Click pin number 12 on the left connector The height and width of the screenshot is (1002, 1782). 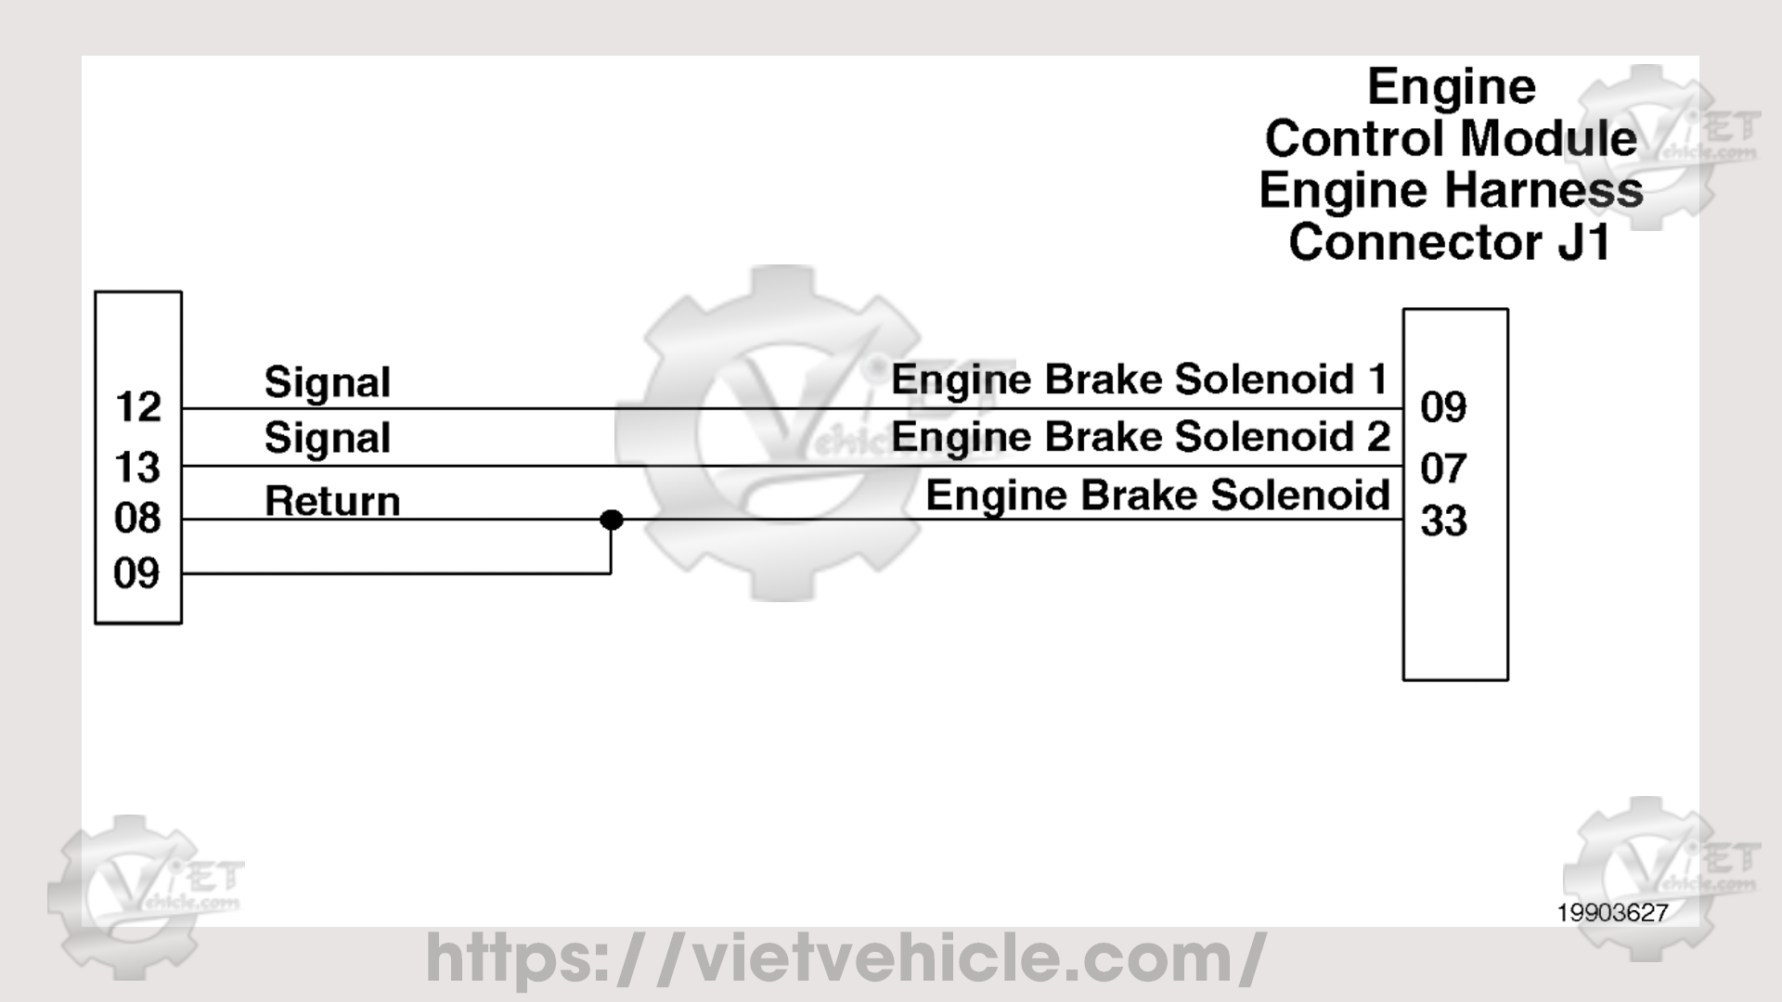[x=138, y=407]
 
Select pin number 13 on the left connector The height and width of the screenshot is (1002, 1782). [x=138, y=467]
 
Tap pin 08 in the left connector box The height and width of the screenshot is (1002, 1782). [x=138, y=518]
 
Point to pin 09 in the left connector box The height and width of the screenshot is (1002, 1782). [x=137, y=573]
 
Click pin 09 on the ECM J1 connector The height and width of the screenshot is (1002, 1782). [x=1443, y=407]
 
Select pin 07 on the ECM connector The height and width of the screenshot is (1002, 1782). [x=1443, y=469]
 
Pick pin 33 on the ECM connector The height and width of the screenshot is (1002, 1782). [x=1443, y=521]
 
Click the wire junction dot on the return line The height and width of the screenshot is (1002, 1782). [x=611, y=520]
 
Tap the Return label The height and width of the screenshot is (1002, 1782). [x=332, y=501]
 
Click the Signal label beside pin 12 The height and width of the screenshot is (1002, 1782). [x=328, y=382]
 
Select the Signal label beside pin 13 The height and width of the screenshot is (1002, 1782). [x=328, y=438]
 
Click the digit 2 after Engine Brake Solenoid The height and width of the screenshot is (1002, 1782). [x=1378, y=437]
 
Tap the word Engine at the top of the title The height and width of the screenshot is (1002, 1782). [x=1452, y=87]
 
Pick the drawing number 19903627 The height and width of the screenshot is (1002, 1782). [x=1612, y=913]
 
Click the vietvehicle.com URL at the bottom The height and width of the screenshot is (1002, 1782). [x=845, y=957]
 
